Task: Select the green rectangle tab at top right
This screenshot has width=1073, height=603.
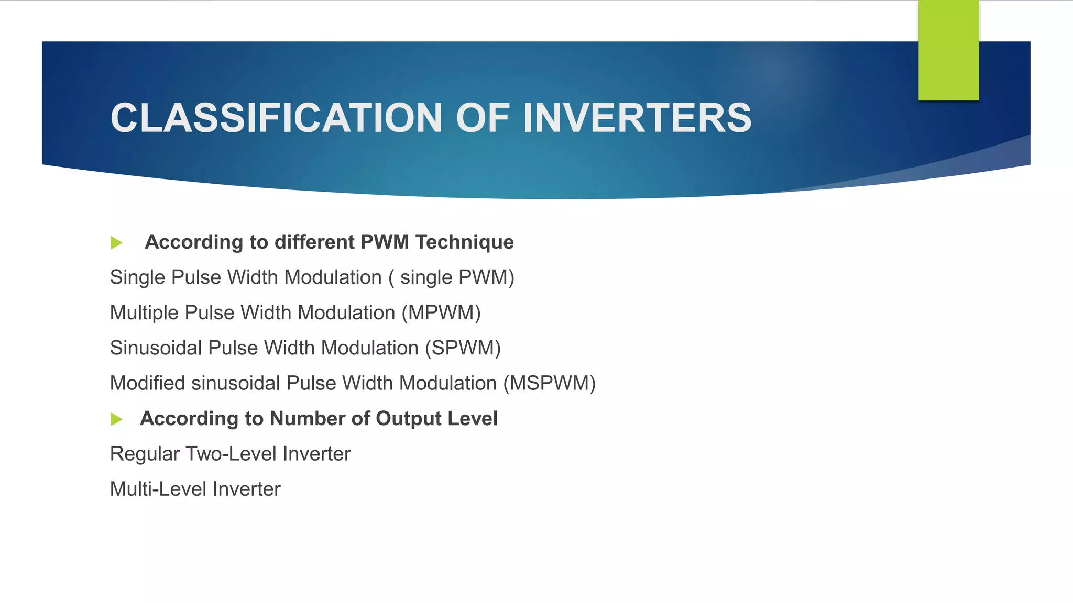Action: tap(948, 50)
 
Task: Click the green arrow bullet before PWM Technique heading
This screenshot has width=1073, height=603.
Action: tap(116, 243)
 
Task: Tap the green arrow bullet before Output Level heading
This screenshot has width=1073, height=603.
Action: tap(116, 419)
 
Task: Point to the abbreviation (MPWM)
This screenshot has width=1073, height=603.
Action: tap(441, 313)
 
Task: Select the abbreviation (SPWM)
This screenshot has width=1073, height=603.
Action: tap(463, 348)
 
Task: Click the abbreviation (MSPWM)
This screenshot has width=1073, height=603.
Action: tap(550, 383)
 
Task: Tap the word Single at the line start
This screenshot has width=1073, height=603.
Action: tap(137, 277)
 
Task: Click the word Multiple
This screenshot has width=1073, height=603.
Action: tap(144, 313)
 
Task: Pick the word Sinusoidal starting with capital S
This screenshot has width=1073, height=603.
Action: tap(156, 348)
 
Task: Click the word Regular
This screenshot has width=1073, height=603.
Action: tap(145, 454)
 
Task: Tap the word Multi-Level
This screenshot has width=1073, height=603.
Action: tap(158, 489)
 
